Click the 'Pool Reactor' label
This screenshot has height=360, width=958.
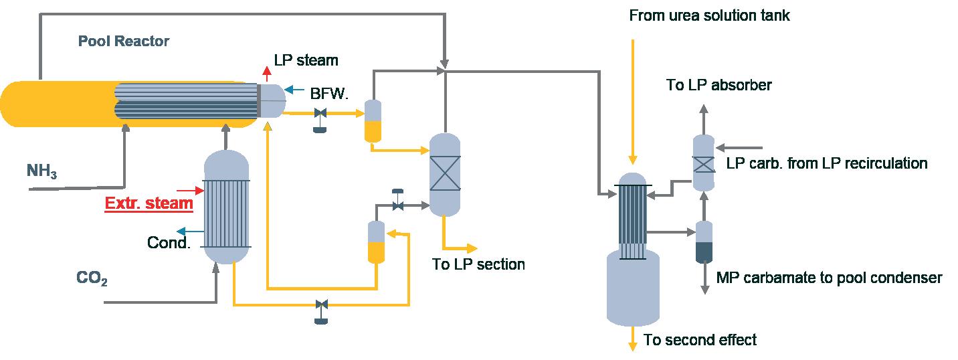click(x=124, y=41)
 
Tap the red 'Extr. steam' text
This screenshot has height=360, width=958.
click(x=149, y=203)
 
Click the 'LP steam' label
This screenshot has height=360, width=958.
click(x=306, y=60)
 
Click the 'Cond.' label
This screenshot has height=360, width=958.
click(x=169, y=242)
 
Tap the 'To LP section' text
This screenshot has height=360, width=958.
click(x=478, y=264)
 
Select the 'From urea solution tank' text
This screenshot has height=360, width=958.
click(x=709, y=15)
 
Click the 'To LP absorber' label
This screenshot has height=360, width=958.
click(x=719, y=85)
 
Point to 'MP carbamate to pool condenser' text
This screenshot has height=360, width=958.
click(x=829, y=278)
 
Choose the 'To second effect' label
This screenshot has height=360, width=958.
click(x=700, y=340)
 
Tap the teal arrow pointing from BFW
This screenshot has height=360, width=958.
click(x=293, y=88)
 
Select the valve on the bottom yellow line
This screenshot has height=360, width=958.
click(x=322, y=306)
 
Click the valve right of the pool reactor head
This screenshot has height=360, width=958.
click(x=320, y=114)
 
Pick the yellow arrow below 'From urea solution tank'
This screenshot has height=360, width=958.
click(x=631, y=100)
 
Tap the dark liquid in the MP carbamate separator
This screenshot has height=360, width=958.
click(x=704, y=251)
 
